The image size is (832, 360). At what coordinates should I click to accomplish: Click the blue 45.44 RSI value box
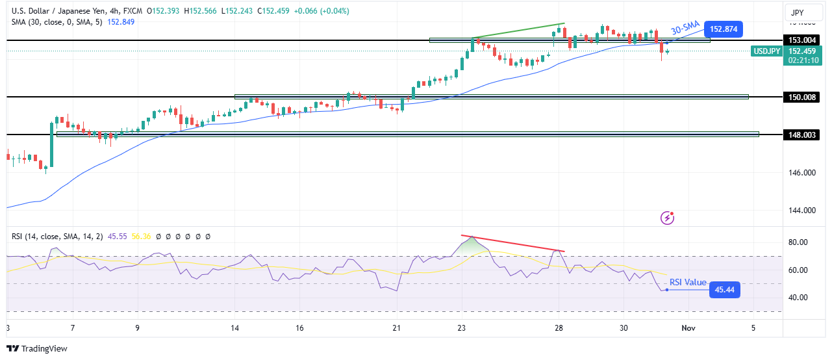click(x=723, y=290)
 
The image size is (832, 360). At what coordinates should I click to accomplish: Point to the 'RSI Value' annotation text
click(x=688, y=282)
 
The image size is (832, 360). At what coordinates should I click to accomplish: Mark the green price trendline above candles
click(x=518, y=31)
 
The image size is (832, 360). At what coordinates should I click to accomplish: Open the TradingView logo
click(x=37, y=349)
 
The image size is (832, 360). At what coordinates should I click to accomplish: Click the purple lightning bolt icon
click(x=668, y=218)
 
